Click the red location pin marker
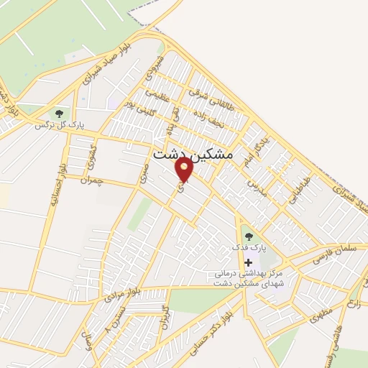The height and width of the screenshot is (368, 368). (x=184, y=169)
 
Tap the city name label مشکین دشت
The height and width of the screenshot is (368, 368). (x=193, y=154)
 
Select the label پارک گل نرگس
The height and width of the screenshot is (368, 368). (x=60, y=125)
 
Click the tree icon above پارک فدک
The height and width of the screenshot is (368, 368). (x=249, y=235)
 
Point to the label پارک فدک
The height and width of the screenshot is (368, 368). (x=249, y=247)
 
